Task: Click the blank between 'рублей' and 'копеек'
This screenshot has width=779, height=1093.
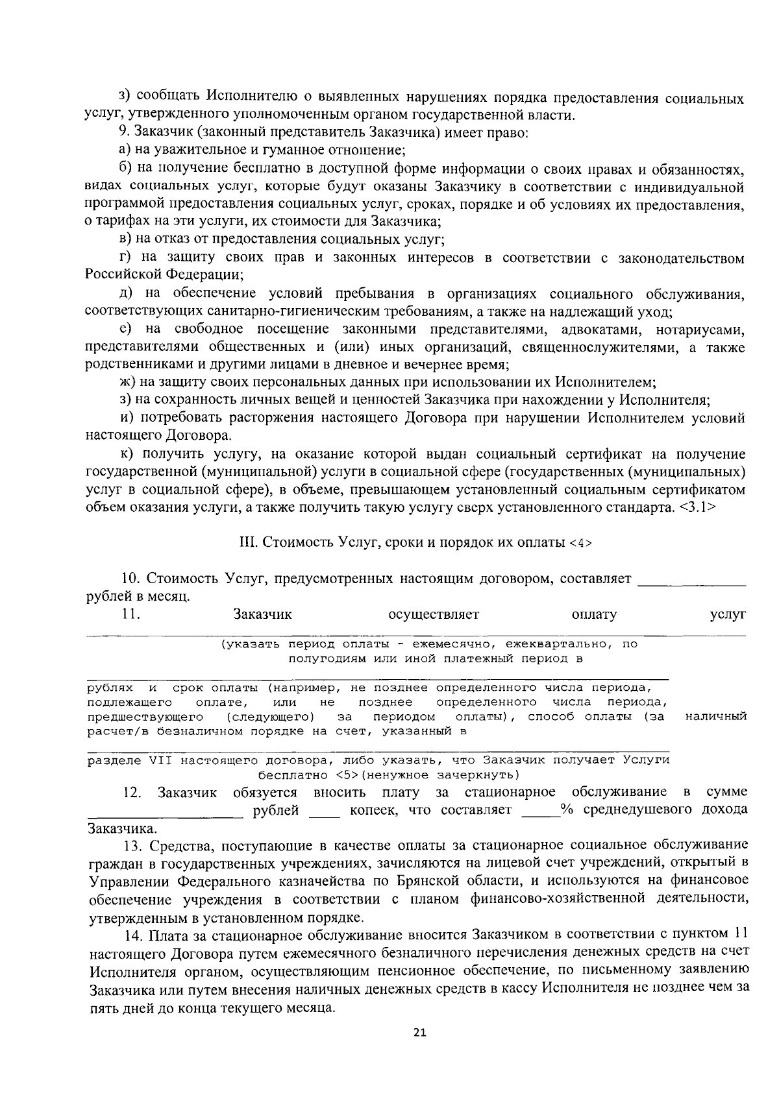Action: click(x=324, y=810)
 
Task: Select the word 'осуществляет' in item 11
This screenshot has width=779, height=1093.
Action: click(x=433, y=614)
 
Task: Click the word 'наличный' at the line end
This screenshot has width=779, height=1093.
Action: click(x=716, y=717)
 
